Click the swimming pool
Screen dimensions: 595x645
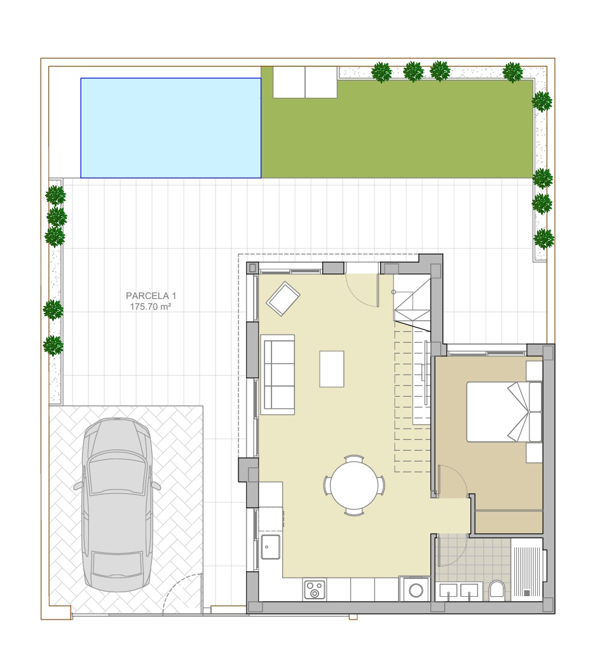170,128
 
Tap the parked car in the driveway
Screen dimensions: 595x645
118,505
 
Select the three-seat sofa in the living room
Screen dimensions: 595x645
278,375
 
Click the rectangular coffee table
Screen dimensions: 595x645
332,369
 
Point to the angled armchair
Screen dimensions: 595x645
283,298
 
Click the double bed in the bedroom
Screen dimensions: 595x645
504,412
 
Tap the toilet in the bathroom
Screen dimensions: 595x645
497,589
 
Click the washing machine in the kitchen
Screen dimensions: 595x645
416,590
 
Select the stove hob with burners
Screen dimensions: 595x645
315,590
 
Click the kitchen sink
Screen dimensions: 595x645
271,547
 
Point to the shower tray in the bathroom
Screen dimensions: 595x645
527,569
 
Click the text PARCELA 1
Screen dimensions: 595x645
151,296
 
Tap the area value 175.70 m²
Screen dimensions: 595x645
151,307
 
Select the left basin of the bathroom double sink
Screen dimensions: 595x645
448,590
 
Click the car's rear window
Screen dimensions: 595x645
118,564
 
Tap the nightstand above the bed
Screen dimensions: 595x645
534,371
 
